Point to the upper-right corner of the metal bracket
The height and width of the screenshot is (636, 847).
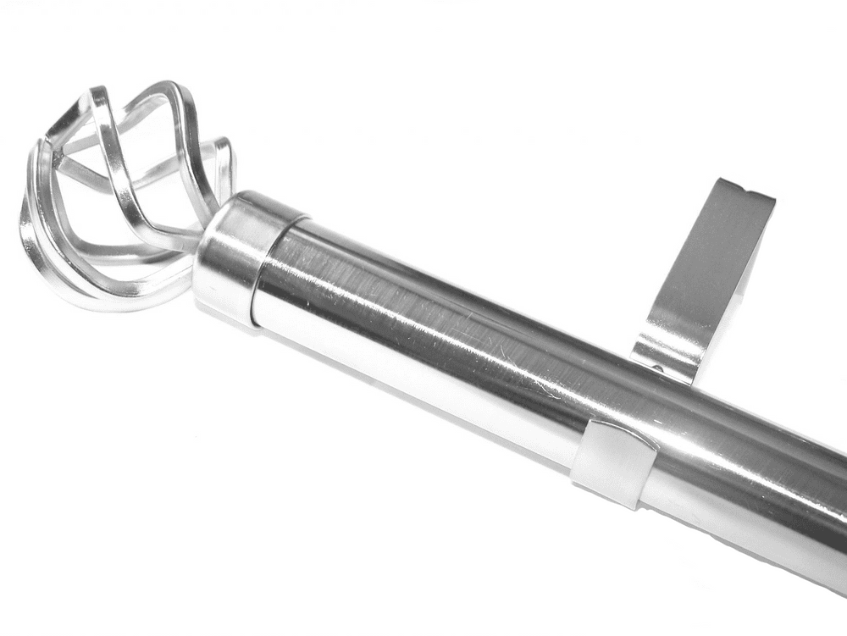772,196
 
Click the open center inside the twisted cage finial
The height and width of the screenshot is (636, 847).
127,195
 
